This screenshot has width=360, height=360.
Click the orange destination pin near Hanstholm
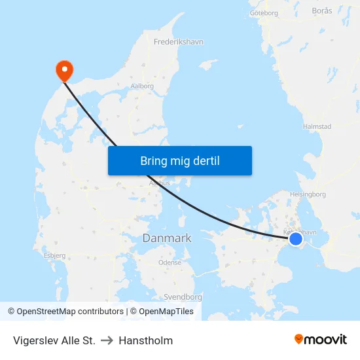point(65,69)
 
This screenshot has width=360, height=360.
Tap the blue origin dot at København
point(296,239)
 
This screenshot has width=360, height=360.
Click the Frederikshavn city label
point(179,42)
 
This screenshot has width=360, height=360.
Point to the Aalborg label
point(142,86)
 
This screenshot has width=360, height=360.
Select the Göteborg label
point(264,12)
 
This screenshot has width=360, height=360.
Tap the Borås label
point(322,11)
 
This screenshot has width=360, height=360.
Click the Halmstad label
point(317,126)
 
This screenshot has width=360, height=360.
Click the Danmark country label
point(167,238)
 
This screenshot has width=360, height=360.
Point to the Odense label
point(170,262)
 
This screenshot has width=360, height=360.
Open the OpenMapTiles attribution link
point(166,312)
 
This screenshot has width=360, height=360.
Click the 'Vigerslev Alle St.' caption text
point(54,340)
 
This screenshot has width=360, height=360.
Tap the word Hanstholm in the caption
point(145,340)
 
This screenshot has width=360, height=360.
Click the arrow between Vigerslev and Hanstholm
point(107,340)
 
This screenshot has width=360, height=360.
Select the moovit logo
point(321,339)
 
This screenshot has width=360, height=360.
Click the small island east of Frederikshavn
point(208,64)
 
